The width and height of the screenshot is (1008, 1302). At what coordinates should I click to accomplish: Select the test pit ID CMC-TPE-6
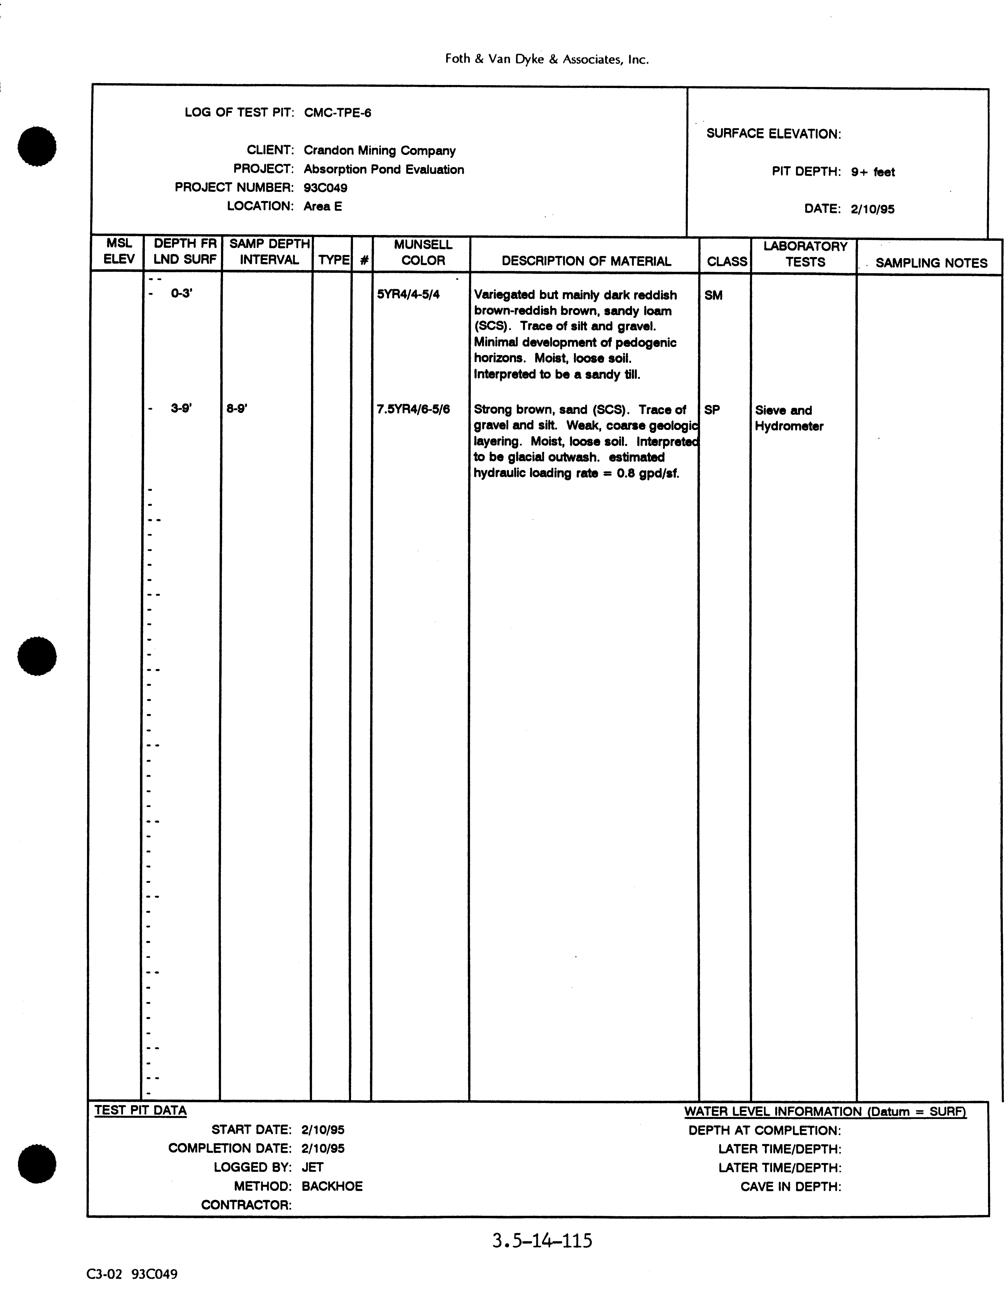point(337,113)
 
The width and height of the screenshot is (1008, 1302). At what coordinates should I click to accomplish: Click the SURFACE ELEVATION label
point(773,134)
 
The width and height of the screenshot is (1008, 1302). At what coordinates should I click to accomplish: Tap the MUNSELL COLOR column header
point(423,253)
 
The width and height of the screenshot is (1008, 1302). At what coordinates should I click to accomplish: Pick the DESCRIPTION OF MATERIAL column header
point(586,261)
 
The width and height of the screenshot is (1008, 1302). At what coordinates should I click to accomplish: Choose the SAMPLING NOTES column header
point(931,263)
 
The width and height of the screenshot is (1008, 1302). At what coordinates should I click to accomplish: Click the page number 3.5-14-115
point(542,1241)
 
